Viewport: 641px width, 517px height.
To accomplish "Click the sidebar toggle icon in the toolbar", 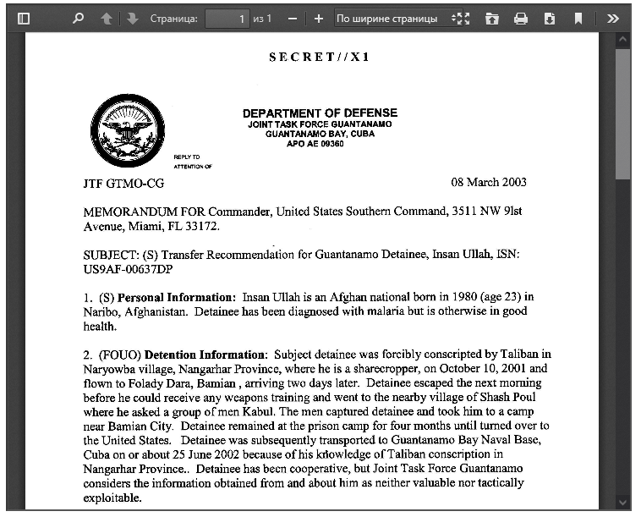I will point(24,18).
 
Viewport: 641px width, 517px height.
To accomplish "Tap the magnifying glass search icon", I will point(79,18).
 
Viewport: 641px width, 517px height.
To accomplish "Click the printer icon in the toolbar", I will point(521,18).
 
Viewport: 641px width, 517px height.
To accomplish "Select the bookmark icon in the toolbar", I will point(578,18).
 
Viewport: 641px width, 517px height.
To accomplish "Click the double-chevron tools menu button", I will point(613,18).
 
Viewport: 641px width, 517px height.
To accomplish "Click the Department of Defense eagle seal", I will point(128,132).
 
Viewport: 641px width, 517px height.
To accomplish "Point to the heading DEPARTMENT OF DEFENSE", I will point(320,113).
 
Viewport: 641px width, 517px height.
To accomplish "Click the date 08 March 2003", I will point(489,183).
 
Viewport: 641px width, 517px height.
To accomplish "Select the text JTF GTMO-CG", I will point(123,184).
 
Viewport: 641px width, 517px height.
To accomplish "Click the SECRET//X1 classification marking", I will point(320,58).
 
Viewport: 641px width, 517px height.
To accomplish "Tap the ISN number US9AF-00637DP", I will point(128,269).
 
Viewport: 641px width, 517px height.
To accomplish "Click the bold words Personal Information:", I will point(176,297).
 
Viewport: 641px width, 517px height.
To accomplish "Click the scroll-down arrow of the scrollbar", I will point(623,502).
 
